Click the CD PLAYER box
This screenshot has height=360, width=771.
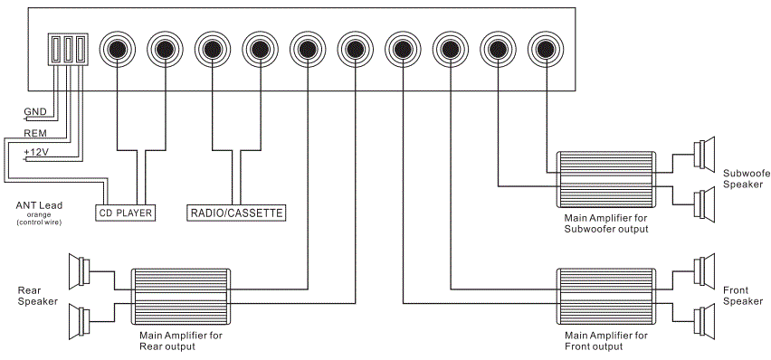point(125,213)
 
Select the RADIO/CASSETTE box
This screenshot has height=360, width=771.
point(236,213)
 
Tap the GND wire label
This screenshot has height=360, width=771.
point(34,112)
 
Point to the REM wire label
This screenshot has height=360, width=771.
point(34,132)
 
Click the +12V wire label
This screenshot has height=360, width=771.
point(36,152)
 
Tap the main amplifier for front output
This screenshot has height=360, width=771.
point(605,297)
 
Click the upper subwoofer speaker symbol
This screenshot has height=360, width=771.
point(705,154)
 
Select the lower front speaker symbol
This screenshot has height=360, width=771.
point(705,319)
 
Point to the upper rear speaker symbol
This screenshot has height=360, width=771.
point(79,270)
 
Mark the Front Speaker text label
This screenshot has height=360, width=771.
point(741,295)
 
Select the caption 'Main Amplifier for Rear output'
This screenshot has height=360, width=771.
point(180,340)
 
